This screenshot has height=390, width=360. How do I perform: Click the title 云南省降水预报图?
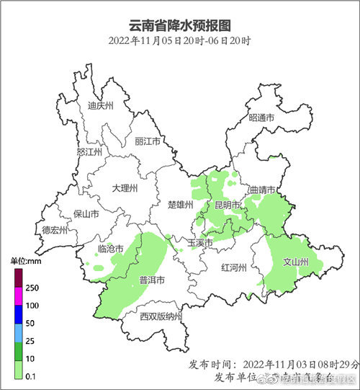point(179,25)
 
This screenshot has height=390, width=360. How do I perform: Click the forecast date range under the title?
point(179,40)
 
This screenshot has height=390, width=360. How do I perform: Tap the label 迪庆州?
point(101,105)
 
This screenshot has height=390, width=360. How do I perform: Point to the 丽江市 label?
point(148,141)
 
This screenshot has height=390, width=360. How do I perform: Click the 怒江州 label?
point(90,152)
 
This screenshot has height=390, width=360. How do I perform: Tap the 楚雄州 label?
point(180,205)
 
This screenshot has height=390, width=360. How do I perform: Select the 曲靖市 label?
point(262,190)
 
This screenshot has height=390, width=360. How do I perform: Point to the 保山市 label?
point(87,214)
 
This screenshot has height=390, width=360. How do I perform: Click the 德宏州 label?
point(54,231)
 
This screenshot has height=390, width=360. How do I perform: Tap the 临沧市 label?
point(110,249)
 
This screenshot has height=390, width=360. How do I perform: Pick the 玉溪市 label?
point(200,243)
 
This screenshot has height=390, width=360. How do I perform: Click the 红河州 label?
point(235,267)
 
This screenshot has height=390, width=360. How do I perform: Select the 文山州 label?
point(295,262)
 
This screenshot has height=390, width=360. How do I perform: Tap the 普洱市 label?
point(152,280)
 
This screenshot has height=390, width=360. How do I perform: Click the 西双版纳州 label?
point(161,316)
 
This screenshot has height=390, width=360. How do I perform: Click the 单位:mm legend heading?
point(24,261)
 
